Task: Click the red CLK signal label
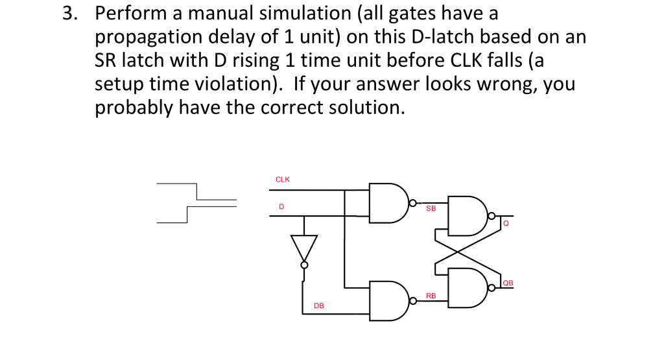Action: (x=283, y=180)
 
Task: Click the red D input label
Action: (x=281, y=206)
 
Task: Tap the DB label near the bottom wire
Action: (x=319, y=305)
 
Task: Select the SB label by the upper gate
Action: (x=431, y=209)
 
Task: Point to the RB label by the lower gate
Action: (x=431, y=296)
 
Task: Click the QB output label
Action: (x=508, y=283)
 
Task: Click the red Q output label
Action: (x=506, y=224)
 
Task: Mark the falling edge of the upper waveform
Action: (x=196, y=191)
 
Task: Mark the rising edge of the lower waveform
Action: (x=187, y=215)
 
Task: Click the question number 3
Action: (x=69, y=14)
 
